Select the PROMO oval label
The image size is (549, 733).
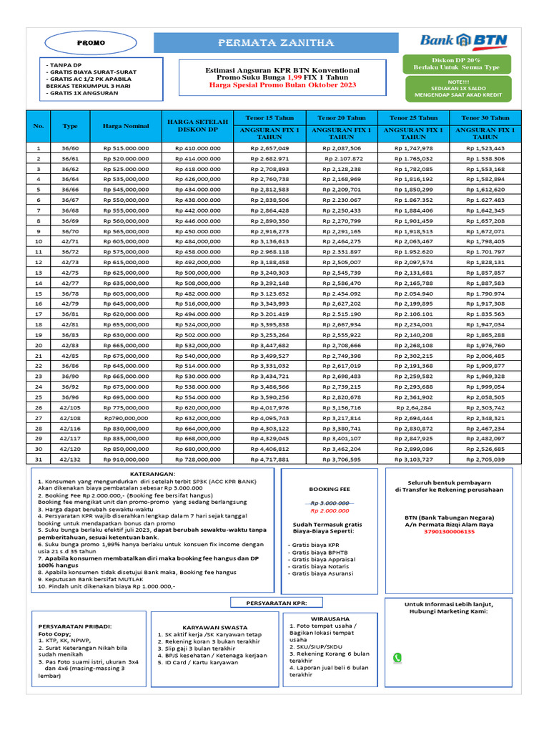[91, 43]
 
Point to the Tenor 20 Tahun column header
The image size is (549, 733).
[342, 117]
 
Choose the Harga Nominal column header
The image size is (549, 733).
[126, 126]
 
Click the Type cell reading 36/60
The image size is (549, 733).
[70, 148]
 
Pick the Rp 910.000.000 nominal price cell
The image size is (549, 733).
[126, 459]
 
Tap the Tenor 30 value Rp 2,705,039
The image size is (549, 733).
[485, 459]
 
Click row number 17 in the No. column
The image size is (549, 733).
[39, 314]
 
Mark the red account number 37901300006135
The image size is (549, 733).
[449, 532]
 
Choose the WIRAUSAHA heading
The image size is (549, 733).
[330, 618]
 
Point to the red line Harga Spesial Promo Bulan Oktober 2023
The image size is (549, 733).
[282, 85]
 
